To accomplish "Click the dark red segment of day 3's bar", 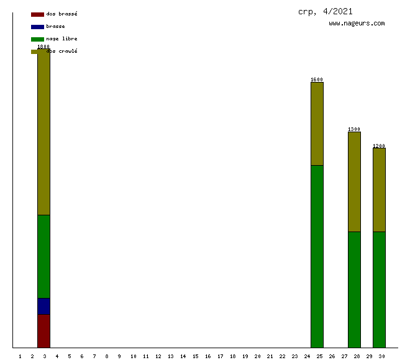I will pos(43,331).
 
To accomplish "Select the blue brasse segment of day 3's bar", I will pos(43,306).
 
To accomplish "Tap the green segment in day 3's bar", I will pos(43,256).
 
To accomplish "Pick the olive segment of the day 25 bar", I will pos(317,124).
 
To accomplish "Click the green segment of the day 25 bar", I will pos(317,256).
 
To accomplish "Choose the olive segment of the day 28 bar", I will pos(354,181).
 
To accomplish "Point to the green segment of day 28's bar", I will pos(354,289).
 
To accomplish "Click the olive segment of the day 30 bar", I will pos(379,189).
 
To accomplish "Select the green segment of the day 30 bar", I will pos(379,289).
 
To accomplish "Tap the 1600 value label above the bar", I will pos(317,79).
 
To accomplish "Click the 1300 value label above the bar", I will pos(354,129).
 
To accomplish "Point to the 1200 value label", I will pos(379,146).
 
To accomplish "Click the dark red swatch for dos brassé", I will pos(37,14).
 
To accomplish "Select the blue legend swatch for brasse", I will pos(37,27).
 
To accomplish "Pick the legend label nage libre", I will pos(61,38).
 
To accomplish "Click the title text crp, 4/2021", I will pos(326,11).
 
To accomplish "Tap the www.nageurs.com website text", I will pos(357,24).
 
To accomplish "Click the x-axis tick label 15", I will pos(195,356).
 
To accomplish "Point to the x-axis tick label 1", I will pos(20,356).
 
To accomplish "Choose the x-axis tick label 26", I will pos(332,356).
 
